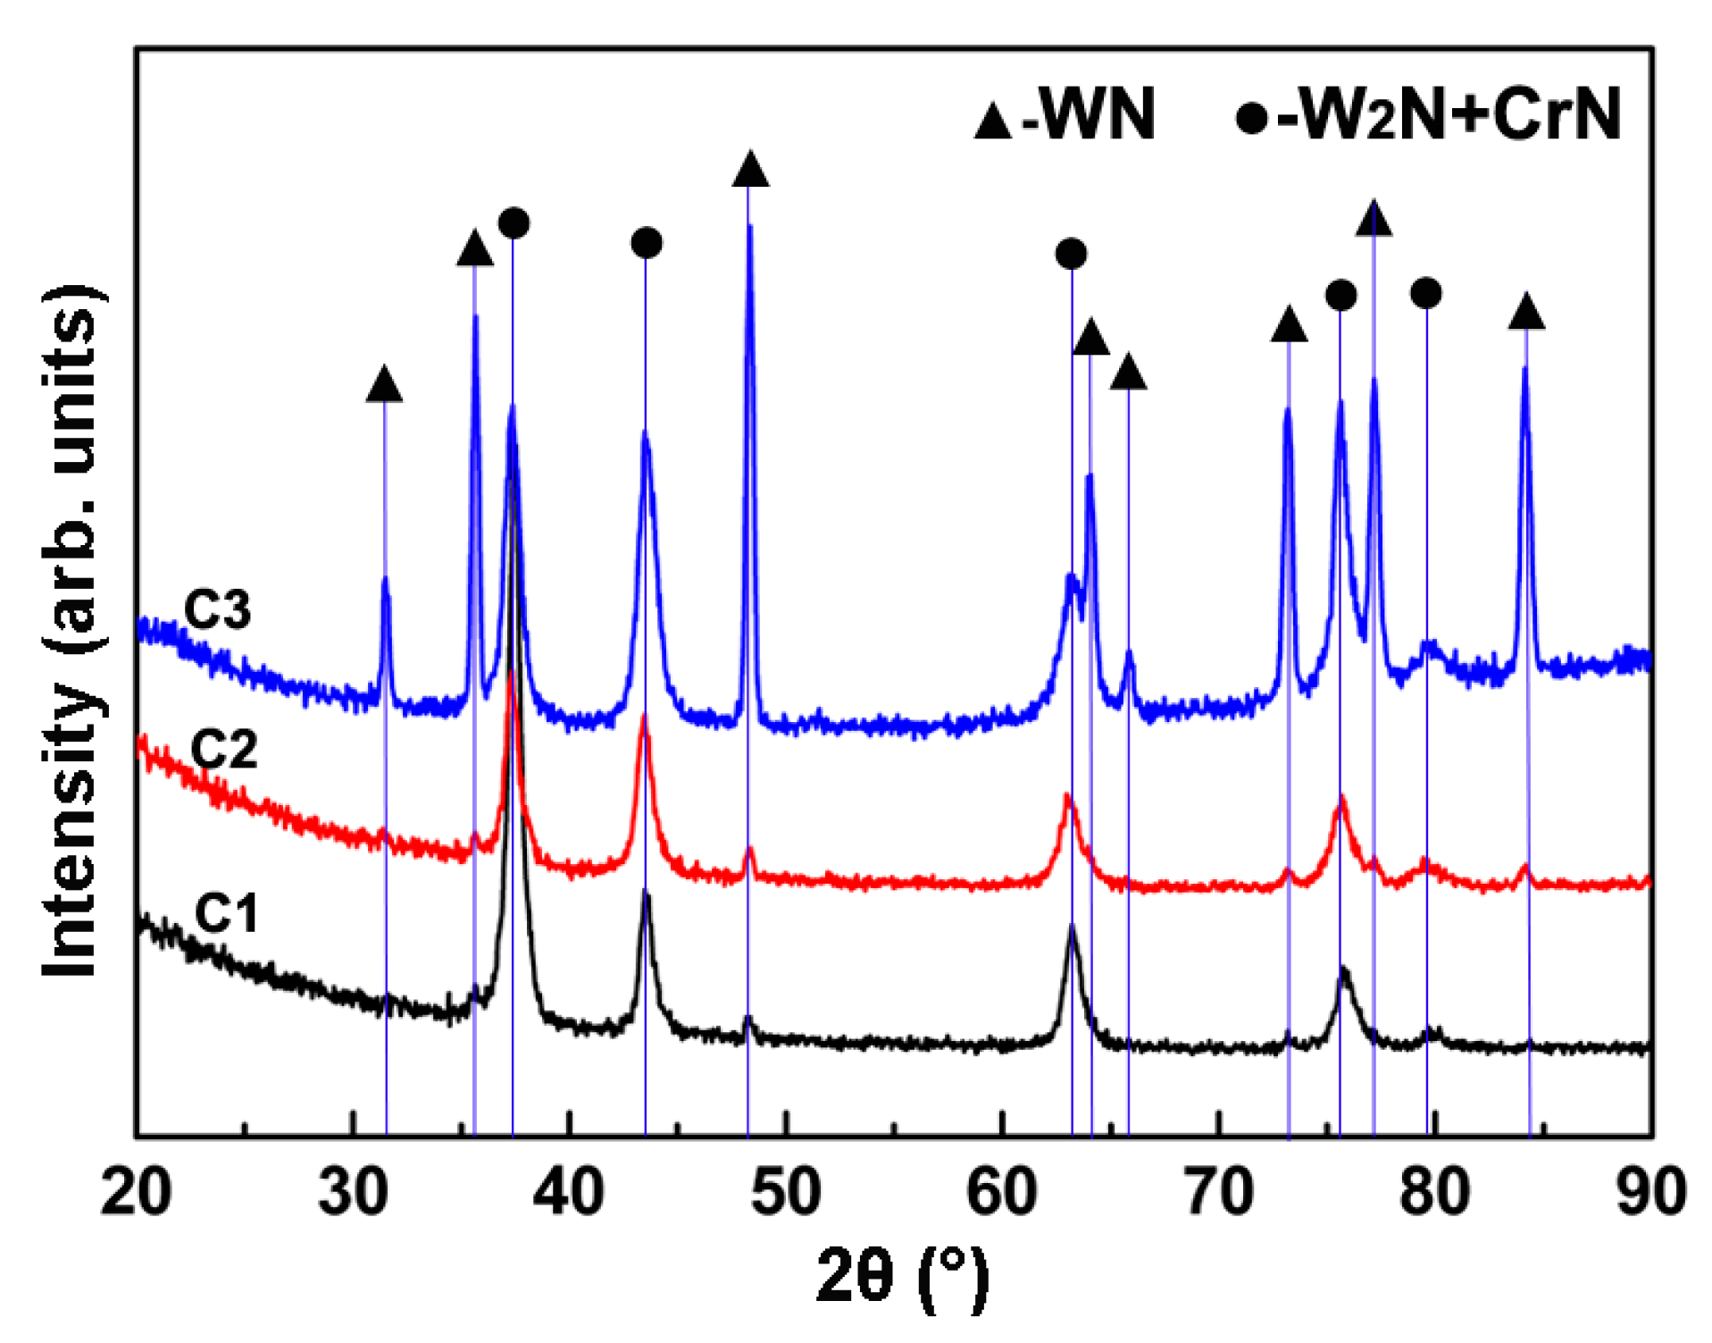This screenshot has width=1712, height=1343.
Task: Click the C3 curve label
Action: coord(217,610)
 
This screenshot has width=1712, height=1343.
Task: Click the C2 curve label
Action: coord(224,749)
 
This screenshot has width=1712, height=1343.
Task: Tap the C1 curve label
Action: coord(226,913)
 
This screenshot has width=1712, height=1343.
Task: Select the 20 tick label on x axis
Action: coord(136,1192)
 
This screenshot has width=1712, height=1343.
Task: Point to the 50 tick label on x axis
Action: coord(786,1192)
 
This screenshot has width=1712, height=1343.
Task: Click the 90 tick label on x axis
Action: coord(1651,1192)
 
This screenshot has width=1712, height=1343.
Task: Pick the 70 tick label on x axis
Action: coord(1219,1192)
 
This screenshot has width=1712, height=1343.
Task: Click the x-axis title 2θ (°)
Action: coord(903,1278)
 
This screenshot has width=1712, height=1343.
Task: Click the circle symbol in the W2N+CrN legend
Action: coord(1252,117)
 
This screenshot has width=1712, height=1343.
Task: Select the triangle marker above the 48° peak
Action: coord(750,169)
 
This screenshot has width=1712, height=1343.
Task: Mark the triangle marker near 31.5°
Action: coord(384,383)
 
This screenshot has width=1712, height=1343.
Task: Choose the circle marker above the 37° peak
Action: coord(514,222)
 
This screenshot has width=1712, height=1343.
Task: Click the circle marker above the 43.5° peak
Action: coord(646,242)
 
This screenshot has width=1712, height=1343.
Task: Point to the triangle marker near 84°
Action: coord(1526,311)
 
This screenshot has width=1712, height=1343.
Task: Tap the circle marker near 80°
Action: coord(1426,292)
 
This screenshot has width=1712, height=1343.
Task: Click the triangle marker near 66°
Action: coord(1128,372)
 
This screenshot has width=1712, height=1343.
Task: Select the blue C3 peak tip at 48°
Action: coord(749,228)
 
